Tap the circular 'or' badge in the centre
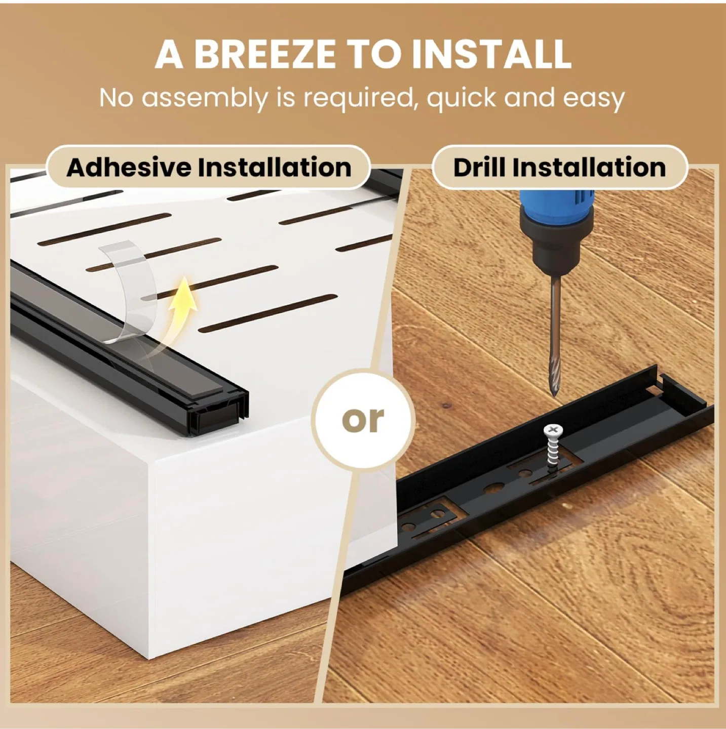363,420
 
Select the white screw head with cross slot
553,431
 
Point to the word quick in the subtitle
461,98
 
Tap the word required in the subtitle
358,98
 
